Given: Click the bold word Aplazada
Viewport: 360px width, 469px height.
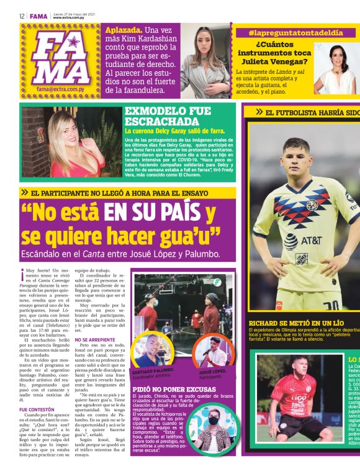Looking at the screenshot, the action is click(x=124, y=30).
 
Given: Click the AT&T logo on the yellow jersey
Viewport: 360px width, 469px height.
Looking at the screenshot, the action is click(x=306, y=240).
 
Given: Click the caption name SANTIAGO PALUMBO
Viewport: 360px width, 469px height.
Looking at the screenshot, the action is click(x=151, y=370).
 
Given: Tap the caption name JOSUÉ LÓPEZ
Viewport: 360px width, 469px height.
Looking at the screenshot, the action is click(x=213, y=371).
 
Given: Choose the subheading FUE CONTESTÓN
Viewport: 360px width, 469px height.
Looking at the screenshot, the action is click(x=36, y=409).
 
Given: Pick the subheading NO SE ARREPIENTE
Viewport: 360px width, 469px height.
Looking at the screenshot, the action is click(x=92, y=340).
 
